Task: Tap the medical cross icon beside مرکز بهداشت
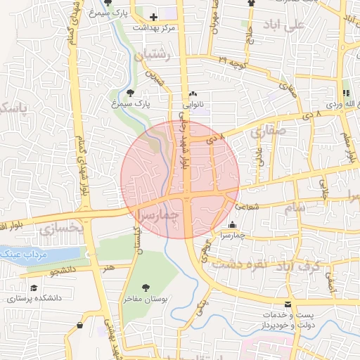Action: [x=153, y=16]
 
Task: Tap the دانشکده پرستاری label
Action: [x=35, y=298]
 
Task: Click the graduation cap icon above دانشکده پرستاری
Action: [x=34, y=288]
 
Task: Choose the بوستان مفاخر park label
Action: [x=146, y=299]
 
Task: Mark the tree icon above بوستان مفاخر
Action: [x=146, y=287]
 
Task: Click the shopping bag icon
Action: [x=79, y=326]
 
